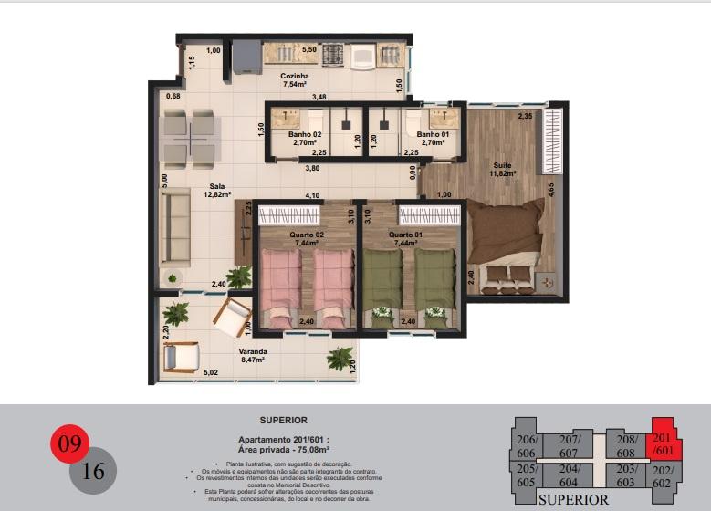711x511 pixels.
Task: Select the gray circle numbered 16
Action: (x=92, y=471)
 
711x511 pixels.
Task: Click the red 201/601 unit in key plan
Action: (x=664, y=444)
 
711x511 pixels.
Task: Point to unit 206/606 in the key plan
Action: (x=525, y=445)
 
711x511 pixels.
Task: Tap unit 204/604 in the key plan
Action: (x=569, y=474)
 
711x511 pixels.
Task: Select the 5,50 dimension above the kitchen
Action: (x=309, y=48)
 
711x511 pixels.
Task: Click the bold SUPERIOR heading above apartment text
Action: (x=283, y=421)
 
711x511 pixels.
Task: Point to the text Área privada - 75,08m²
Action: (x=283, y=450)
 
